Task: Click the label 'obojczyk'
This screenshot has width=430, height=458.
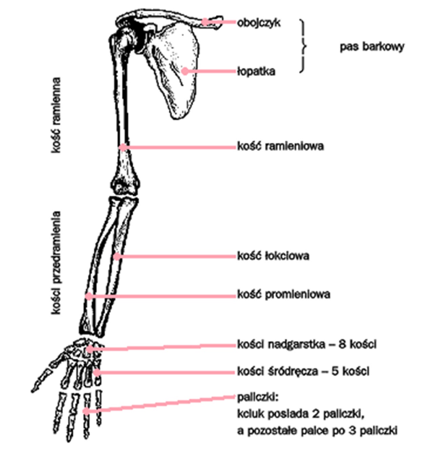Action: point(258,23)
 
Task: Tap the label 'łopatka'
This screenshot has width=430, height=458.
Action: point(256,72)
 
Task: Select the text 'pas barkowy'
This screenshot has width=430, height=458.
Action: point(372,46)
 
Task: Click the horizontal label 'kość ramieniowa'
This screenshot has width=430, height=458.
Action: point(280,146)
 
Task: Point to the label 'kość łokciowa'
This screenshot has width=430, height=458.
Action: point(273,256)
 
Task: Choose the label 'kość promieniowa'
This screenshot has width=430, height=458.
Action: point(284,294)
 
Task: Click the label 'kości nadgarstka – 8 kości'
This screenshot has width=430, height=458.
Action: point(307,345)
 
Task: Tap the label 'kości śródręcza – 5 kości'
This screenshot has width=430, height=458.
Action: point(303,372)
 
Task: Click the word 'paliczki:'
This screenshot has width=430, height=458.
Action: point(258,397)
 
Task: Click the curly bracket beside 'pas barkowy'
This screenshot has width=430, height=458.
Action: point(302,46)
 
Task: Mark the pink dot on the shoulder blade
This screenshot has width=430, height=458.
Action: point(185,71)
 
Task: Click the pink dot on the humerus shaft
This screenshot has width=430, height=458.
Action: point(123,147)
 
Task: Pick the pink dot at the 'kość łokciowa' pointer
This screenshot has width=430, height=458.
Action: point(117,257)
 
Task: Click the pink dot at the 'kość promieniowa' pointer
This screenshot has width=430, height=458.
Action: point(88,296)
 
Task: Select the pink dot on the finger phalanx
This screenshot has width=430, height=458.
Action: point(86,411)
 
